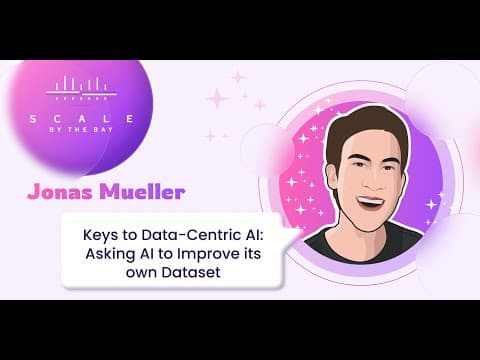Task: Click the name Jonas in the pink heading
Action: click(x=60, y=192)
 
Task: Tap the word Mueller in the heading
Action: click(x=142, y=192)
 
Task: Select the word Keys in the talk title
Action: click(x=100, y=236)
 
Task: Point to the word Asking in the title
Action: click(x=108, y=254)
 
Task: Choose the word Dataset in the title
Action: click(x=191, y=272)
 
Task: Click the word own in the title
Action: click(x=142, y=273)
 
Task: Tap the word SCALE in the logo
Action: click(x=82, y=119)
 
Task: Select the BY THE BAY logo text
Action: click(x=82, y=130)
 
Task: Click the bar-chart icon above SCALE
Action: click(x=81, y=88)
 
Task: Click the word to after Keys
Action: click(x=130, y=236)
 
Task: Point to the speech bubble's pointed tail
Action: click(x=293, y=235)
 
